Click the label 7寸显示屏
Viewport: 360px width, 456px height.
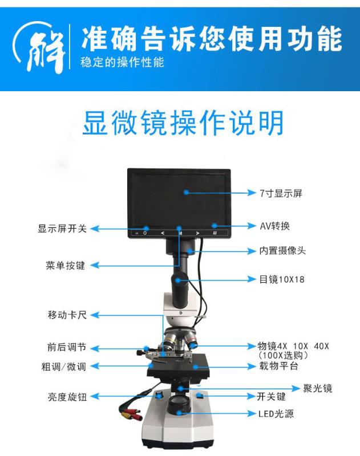click(281, 193)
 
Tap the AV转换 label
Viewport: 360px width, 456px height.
click(275, 226)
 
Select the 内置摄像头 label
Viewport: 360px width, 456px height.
click(282, 251)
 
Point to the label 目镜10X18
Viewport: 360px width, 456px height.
click(282, 279)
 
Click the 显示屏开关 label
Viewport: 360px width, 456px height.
click(62, 229)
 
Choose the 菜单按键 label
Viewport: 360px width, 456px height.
click(66, 266)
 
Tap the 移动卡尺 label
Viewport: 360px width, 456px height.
click(67, 315)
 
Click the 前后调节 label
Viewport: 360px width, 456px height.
click(67, 347)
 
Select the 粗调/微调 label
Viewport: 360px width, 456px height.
click(64, 367)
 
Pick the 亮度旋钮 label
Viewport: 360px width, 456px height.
click(67, 397)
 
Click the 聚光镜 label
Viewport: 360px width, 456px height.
click(318, 388)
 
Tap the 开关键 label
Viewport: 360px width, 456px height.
click(271, 397)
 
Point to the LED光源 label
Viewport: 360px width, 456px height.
click(276, 414)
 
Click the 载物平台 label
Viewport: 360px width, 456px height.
click(279, 366)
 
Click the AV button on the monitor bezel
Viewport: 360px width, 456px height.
click(215, 233)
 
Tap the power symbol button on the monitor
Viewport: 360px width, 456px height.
click(145, 233)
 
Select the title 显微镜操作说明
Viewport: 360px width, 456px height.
click(183, 123)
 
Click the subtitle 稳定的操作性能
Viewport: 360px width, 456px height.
click(122, 62)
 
